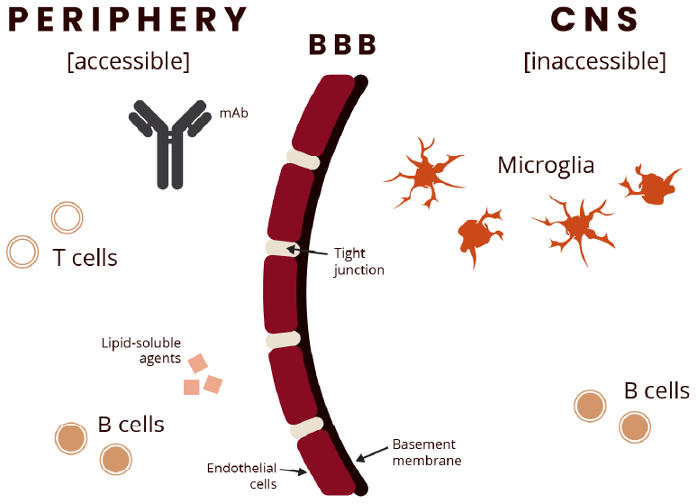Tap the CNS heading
pos(594,20)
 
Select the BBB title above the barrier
pos(341,45)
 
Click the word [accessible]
pos(128,61)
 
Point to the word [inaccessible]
pos(594,61)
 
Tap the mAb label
pos(231,115)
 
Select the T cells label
pos(85,258)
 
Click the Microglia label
pos(546,165)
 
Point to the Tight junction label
pos(358,261)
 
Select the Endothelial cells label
pos(241,475)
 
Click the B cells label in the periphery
pos(131,424)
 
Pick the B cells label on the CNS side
pos(656,390)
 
